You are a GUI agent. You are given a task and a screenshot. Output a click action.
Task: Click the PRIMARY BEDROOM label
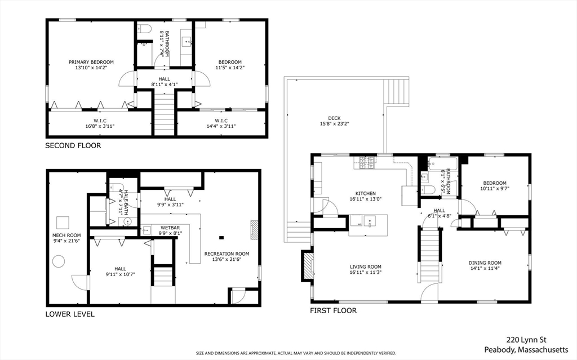point(91,62)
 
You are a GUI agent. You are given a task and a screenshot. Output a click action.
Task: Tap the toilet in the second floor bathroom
point(145,29)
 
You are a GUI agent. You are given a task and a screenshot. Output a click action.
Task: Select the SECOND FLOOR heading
point(73,145)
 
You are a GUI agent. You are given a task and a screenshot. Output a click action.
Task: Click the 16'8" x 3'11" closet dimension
point(100,126)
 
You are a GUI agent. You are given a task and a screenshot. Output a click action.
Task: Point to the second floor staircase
point(164,110)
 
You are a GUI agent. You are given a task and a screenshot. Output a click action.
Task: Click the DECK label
point(334,118)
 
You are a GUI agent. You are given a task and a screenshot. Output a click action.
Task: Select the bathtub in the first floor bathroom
point(442,164)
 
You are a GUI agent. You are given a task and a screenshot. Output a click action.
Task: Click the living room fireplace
point(308,266)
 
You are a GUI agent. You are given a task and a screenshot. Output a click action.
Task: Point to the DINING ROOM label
point(485,263)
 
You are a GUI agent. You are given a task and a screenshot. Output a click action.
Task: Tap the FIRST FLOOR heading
point(333,310)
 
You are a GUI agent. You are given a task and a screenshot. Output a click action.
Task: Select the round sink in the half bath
point(127,221)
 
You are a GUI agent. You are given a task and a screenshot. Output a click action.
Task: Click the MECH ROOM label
point(66,235)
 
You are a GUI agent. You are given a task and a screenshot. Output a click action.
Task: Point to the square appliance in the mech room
point(63,223)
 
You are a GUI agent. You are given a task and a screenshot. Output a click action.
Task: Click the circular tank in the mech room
point(59,262)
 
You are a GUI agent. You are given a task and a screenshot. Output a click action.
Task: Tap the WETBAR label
point(170,228)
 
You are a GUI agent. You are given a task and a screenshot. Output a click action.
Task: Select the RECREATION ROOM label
point(227,254)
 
